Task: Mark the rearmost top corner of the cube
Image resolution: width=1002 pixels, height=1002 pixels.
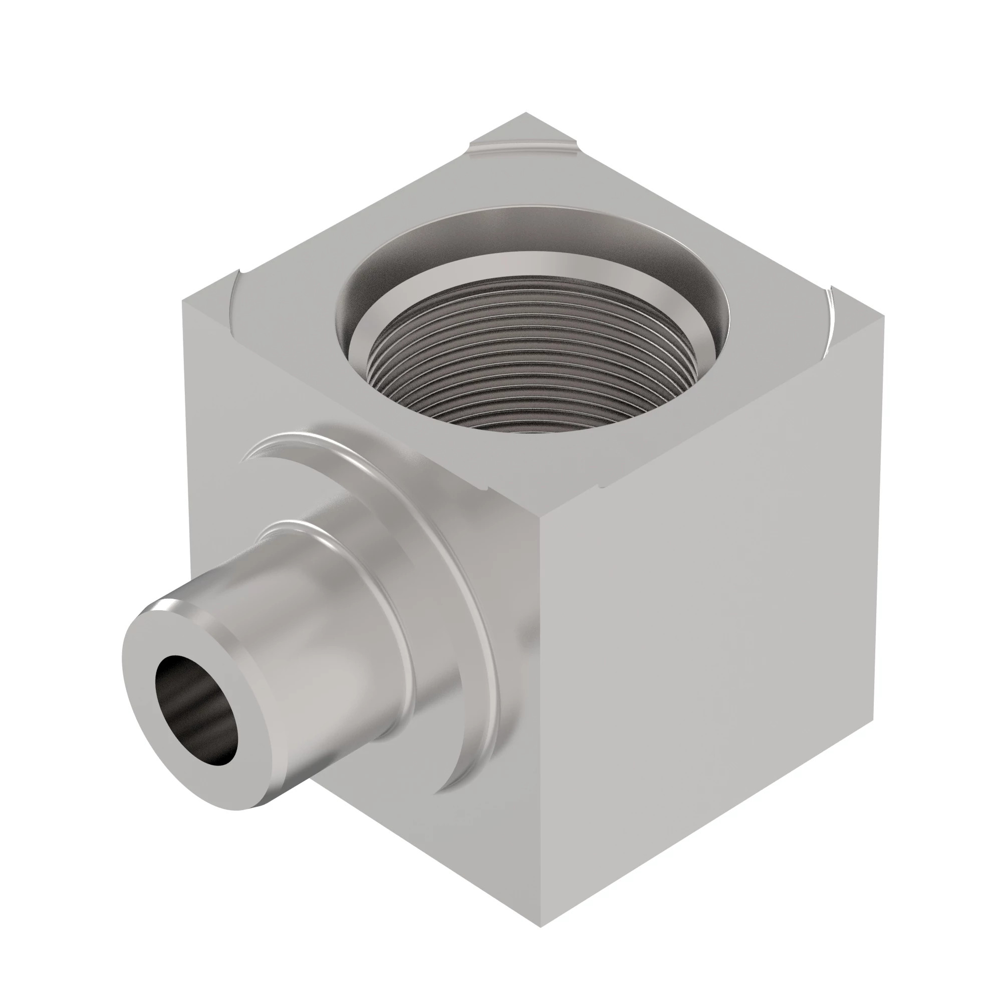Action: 526,114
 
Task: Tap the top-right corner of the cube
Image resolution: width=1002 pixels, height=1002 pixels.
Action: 882,318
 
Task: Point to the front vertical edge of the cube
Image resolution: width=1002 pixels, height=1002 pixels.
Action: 540,726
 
